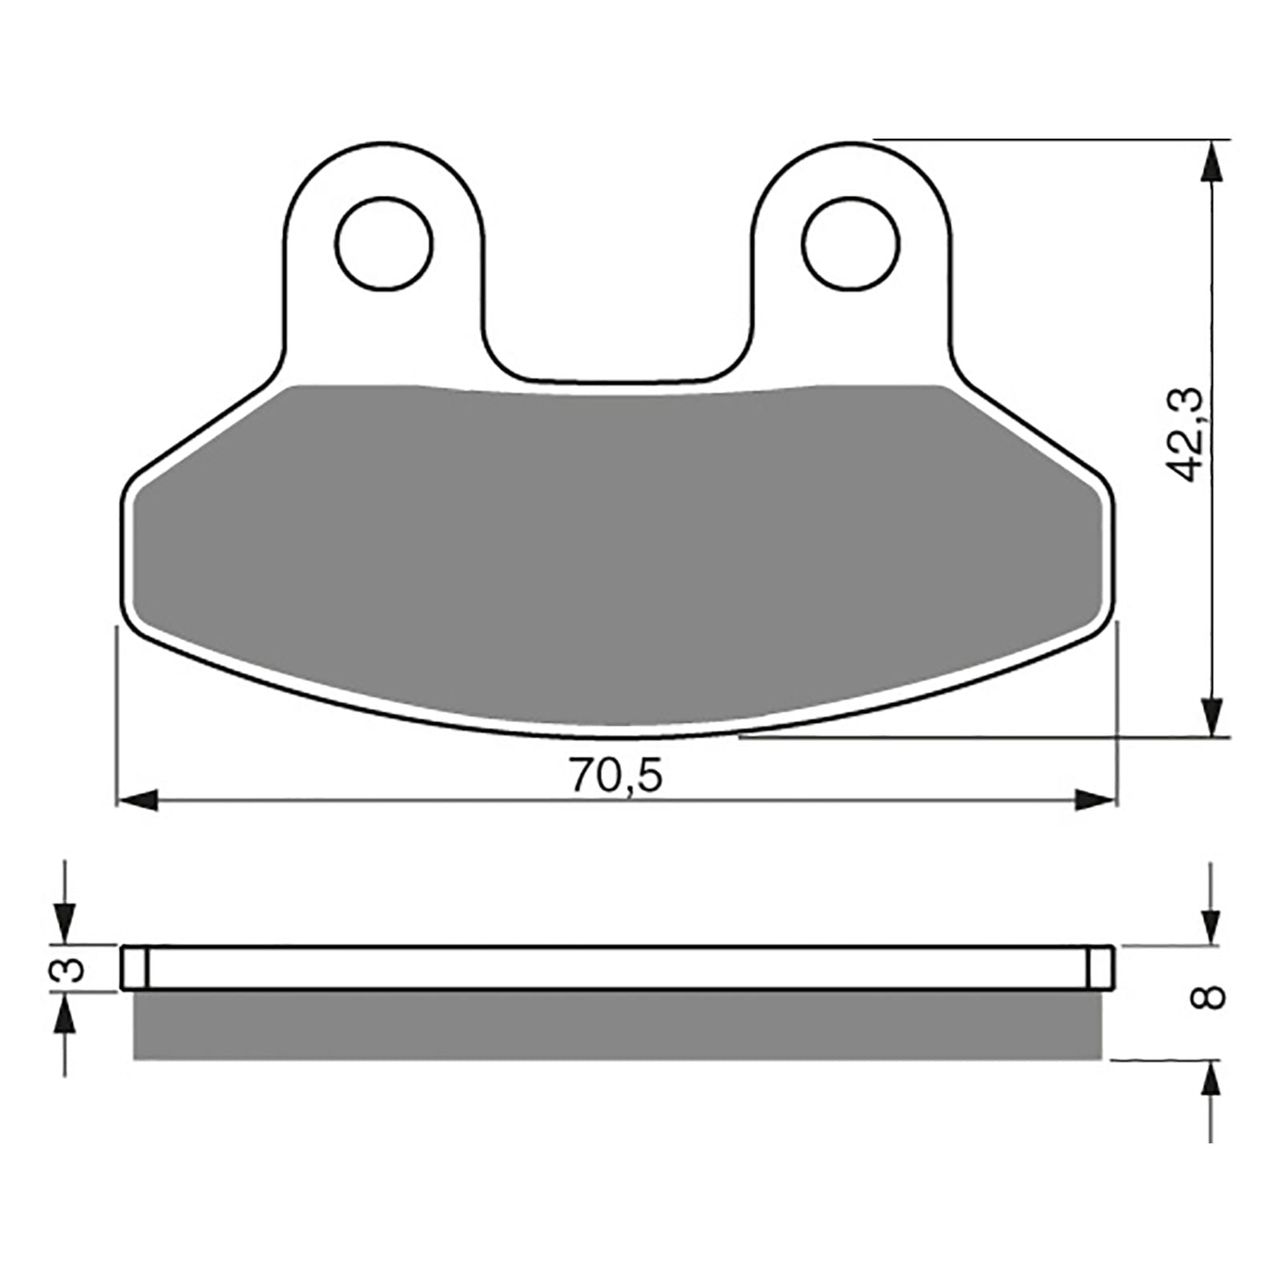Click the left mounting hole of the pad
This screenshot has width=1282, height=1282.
point(385,244)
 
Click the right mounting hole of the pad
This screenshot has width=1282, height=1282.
point(851,244)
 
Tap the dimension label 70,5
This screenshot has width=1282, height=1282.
point(617,776)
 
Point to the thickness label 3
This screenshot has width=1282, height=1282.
point(71,970)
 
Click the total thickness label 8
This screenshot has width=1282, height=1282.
point(1211,998)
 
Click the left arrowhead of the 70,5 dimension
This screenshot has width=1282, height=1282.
point(136,800)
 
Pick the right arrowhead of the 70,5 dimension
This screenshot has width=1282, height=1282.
point(1095,800)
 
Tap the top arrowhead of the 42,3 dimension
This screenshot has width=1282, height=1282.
point(1215,164)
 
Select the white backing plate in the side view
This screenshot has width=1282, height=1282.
point(617,968)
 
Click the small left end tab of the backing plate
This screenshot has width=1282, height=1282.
point(135,968)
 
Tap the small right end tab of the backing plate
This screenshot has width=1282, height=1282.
point(1100,968)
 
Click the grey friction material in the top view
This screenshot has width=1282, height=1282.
point(617,553)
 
